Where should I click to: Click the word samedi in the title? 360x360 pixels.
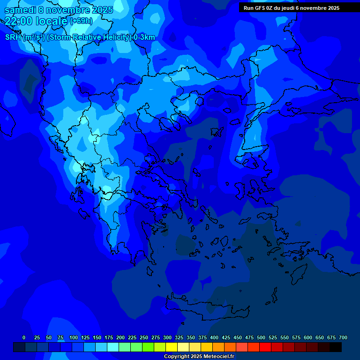click(x=20, y=10)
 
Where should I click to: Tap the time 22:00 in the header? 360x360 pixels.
click(x=19, y=21)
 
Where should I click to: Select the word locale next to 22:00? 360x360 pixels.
click(x=52, y=21)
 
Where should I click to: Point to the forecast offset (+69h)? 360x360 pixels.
click(x=81, y=21)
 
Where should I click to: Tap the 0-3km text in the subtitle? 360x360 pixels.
click(x=144, y=37)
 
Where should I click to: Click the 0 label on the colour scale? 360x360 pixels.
click(x=24, y=337)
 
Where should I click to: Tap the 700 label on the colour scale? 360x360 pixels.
click(x=343, y=337)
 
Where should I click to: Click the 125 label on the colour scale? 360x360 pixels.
click(x=85, y=337)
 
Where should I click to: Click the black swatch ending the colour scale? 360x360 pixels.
click(x=336, y=347)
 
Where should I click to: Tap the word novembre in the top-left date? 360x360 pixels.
click(x=68, y=10)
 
